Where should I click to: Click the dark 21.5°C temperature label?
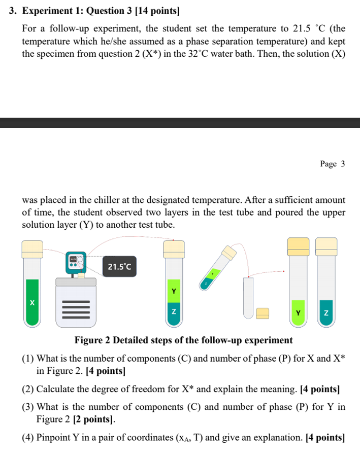pos(119,266)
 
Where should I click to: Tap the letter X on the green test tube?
pos(32,303)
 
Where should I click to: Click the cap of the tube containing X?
pos(32,249)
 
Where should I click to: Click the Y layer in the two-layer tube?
pos(173,291)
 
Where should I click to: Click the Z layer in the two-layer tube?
pos(173,312)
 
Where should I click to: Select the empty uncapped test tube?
pos(248,297)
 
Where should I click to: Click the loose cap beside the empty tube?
pos(262,314)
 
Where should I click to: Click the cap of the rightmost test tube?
pos(326,247)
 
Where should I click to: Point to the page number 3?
pos(343,164)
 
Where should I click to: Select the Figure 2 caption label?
pos(183,340)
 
